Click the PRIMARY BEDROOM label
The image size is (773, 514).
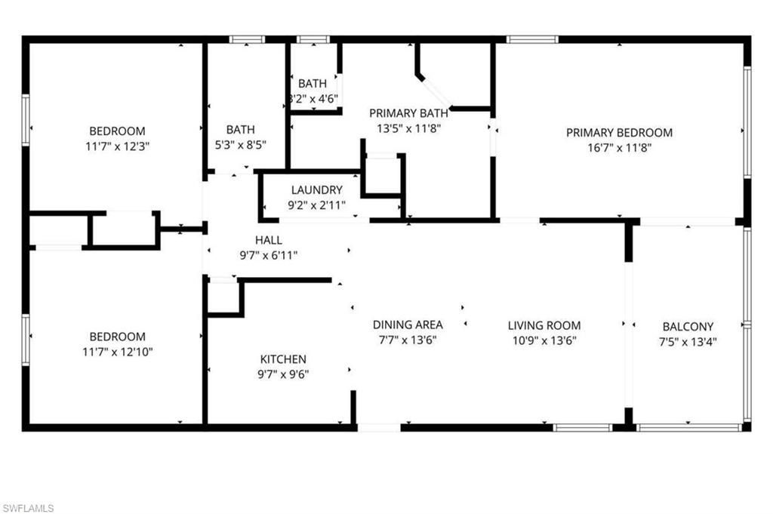tap(619, 133)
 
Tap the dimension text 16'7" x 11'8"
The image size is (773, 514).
tap(619, 148)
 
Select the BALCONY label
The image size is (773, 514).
tap(688, 327)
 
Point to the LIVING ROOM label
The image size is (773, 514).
tap(544, 326)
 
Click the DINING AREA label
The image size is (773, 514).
tap(408, 325)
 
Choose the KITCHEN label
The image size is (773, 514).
tap(283, 359)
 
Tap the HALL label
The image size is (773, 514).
tap(269, 241)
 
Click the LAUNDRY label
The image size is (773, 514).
tap(316, 190)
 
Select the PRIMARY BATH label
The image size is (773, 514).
tap(408, 113)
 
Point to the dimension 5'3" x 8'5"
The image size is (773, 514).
tap(241, 144)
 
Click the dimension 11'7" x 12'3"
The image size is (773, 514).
tap(117, 146)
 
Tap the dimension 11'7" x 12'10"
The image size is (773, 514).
tap(117, 351)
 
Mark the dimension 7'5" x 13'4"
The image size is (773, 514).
tap(688, 341)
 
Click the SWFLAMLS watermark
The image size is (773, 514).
tap(28, 508)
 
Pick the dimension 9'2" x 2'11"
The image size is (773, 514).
tap(316, 204)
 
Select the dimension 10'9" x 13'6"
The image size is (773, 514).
tap(544, 340)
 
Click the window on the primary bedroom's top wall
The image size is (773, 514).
tap(532, 39)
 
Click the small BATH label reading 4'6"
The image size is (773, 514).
tap(313, 84)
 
